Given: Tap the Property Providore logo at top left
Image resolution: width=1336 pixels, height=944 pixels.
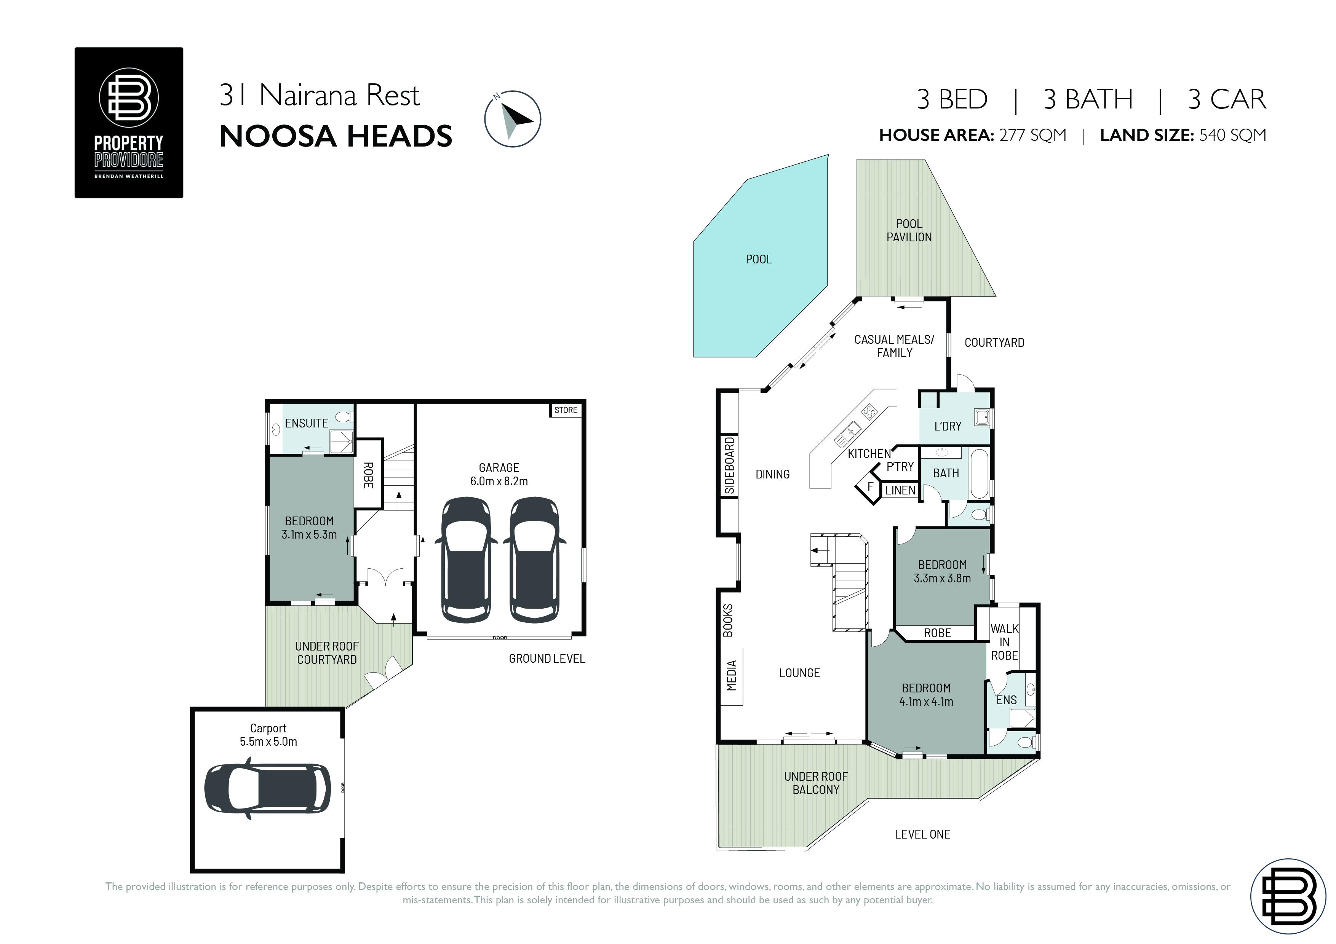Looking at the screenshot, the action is [129, 123].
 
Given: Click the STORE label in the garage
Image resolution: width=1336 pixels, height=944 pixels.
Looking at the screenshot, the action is [566, 410].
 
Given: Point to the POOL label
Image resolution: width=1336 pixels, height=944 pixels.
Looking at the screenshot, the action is [759, 260].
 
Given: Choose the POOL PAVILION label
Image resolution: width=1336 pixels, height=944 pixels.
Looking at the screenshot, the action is [909, 230].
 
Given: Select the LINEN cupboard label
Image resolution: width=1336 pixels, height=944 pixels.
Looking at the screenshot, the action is [900, 490].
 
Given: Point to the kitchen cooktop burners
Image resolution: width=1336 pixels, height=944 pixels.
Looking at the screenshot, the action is [869, 412].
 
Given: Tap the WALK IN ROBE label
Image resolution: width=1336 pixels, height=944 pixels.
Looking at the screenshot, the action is [1004, 642].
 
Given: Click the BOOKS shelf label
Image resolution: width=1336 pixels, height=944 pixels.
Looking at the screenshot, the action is [728, 620].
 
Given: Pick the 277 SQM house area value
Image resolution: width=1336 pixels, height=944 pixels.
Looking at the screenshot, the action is [1033, 135].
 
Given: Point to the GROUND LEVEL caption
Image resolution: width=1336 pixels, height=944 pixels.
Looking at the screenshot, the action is [547, 659].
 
